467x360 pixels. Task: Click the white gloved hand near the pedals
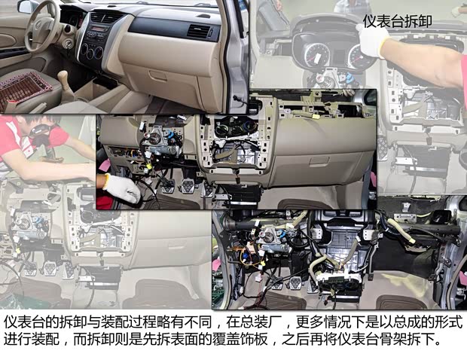[x=121, y=188]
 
